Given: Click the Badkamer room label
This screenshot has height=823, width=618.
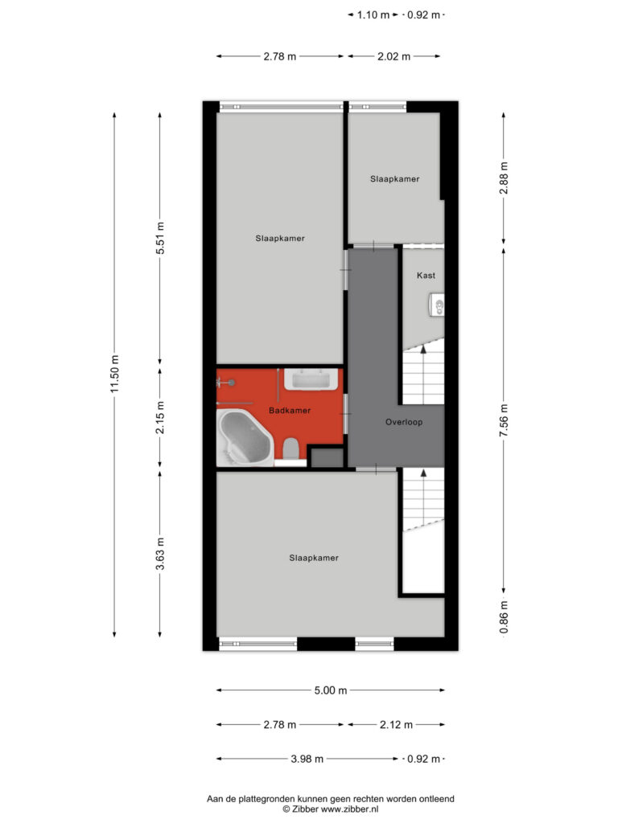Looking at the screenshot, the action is click(290, 411).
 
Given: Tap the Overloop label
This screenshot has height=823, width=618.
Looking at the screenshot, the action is click(404, 422).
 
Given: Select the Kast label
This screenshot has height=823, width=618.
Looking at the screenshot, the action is click(426, 275).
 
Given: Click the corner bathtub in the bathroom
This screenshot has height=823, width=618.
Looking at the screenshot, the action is click(245, 437).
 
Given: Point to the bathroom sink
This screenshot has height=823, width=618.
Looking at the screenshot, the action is click(311, 379).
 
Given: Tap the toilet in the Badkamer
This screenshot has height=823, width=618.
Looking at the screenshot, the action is click(290, 449).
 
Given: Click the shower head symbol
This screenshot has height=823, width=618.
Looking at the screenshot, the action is click(226, 383).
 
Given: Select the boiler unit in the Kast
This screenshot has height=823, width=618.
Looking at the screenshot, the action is click(437, 305).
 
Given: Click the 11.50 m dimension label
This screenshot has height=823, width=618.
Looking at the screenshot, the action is click(115, 374).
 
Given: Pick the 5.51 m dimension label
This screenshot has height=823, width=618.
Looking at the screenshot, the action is click(160, 238).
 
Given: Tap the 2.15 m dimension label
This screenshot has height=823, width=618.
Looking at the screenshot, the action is click(160, 417).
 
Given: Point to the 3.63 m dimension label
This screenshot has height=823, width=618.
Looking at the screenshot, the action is click(160, 554).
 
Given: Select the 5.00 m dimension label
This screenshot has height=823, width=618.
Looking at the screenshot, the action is click(331, 690).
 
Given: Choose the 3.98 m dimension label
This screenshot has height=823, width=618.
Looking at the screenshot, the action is click(307, 759).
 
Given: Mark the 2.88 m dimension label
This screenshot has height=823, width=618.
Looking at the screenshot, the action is click(504, 178).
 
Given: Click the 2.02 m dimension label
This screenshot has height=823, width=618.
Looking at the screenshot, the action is click(393, 57).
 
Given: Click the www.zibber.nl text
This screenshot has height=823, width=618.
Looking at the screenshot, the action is click(349, 809).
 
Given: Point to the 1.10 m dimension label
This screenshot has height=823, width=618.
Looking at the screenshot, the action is click(373, 15).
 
